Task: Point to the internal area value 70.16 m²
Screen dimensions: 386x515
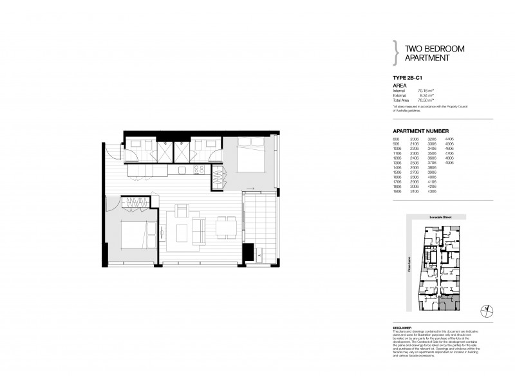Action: click(426, 91)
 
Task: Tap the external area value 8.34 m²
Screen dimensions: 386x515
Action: click(427, 95)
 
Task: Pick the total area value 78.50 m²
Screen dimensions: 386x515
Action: click(426, 100)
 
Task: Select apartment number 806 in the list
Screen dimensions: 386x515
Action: click(396, 138)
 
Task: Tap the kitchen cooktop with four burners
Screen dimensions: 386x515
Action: click(199, 170)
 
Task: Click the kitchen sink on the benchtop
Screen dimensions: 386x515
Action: click(183, 170)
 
